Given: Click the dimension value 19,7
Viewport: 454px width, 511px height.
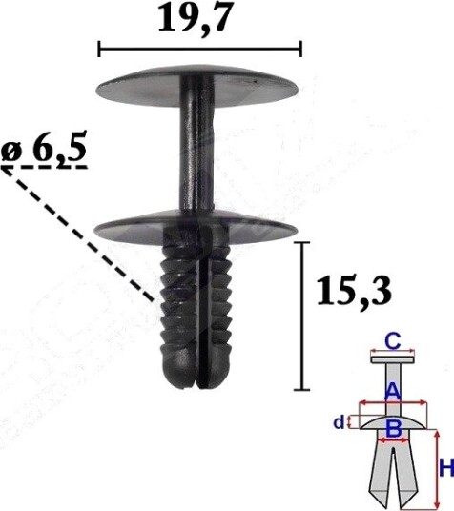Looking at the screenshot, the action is (196, 20).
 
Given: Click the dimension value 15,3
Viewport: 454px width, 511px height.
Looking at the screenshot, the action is (354, 291).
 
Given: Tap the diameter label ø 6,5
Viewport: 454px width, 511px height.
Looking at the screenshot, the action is (44, 149).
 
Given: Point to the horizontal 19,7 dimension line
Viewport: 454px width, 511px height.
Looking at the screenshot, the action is (200, 50).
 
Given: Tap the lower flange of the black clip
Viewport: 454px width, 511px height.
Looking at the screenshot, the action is (196, 228).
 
